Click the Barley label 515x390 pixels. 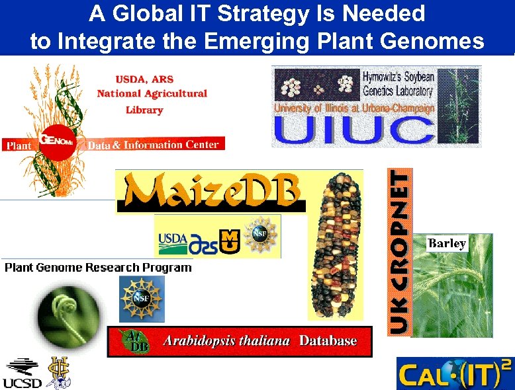(x=447, y=243)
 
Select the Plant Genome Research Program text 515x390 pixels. (x=98, y=267)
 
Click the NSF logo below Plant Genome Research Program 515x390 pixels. (x=142, y=299)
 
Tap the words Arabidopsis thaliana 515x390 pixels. (x=226, y=341)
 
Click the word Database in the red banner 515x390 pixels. (x=328, y=341)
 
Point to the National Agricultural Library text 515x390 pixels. (x=152, y=94)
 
